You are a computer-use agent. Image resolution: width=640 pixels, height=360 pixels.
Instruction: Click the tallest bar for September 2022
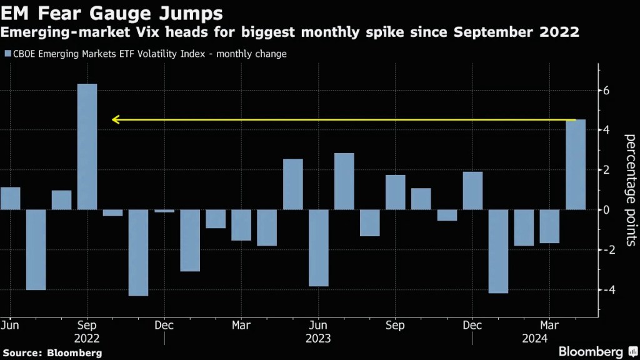[87, 146]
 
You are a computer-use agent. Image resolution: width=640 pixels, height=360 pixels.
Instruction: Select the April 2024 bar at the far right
[576, 164]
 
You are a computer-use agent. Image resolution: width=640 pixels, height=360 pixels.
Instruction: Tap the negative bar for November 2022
[138, 252]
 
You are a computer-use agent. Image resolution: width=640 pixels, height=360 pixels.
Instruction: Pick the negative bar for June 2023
[318, 247]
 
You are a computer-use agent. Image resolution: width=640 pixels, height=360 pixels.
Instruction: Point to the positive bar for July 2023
[344, 181]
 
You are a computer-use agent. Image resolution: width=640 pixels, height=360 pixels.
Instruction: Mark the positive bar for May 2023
[292, 184]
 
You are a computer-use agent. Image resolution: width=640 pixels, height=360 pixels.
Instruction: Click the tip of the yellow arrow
[113, 119]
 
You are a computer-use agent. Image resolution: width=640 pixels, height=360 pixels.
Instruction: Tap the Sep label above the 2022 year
[87, 325]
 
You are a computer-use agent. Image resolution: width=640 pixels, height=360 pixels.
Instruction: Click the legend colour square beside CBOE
[7, 54]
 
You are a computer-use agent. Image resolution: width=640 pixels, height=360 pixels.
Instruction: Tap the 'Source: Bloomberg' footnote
[51, 353]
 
